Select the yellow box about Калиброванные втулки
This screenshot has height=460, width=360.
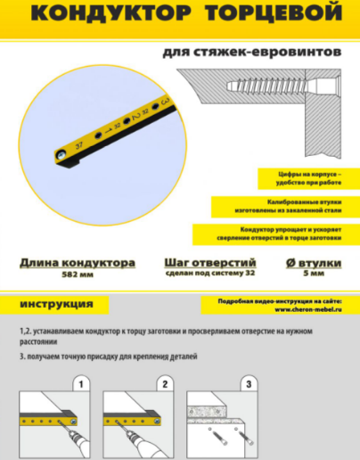click(x=279, y=207)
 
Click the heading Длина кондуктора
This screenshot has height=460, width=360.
click(x=78, y=264)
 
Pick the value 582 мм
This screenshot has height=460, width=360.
click(x=78, y=276)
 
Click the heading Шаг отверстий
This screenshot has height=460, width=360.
click(x=210, y=264)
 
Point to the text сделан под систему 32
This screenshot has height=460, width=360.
click(x=210, y=276)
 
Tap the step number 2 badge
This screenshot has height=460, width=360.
click(x=165, y=384)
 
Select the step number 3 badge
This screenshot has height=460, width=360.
click(x=249, y=384)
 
